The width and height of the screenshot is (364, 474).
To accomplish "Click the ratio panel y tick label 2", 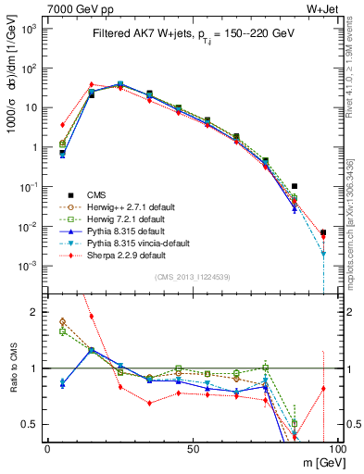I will pyautogui.click(x=35, y=312).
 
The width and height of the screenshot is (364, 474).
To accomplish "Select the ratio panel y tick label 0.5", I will pyautogui.click(x=31, y=424).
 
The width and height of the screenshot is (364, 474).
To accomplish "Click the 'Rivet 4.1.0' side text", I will pyautogui.click(x=356, y=74).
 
